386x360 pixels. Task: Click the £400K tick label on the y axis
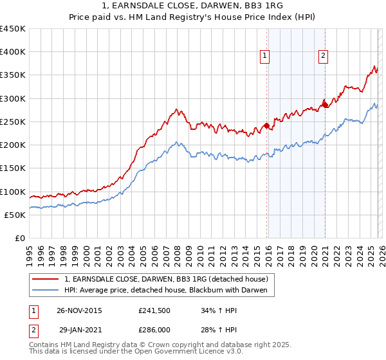(x=13, y=52)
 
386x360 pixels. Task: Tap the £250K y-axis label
(x=13, y=122)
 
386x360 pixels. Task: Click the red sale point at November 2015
(x=266, y=126)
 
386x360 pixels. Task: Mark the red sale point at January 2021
(x=325, y=105)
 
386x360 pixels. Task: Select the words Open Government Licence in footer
(x=161, y=352)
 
